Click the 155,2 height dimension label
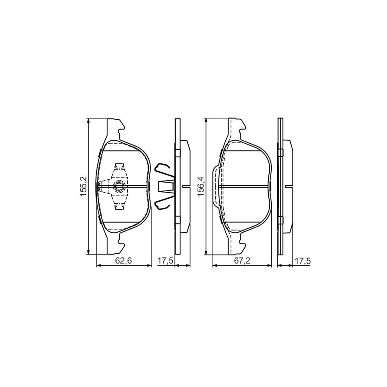pos(84,186)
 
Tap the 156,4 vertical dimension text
pos(201,185)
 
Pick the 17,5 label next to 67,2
pos(301,261)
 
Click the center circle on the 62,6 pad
pos(119,186)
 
